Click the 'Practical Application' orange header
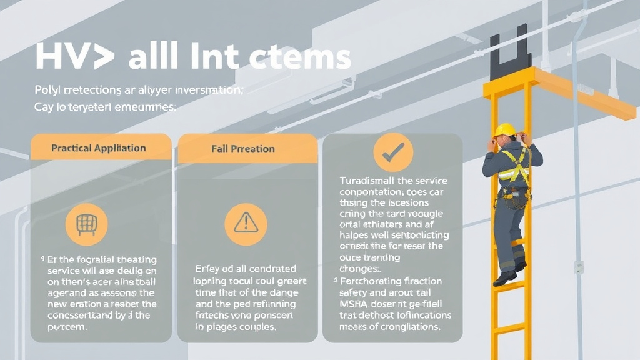point(99,148)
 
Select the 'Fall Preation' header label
point(243,149)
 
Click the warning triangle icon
point(246,224)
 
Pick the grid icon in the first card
point(87,224)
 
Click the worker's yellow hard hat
point(504,130)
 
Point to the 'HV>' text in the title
point(74,57)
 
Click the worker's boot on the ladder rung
point(504,278)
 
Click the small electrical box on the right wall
point(578,267)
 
